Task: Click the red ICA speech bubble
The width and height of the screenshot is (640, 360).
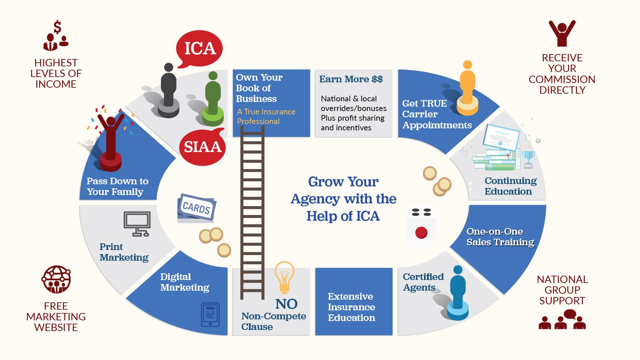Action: click(199, 49)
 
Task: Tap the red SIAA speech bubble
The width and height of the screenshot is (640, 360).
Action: click(202, 147)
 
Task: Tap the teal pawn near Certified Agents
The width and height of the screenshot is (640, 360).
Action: click(458, 293)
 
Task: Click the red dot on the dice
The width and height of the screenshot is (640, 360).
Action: click(421, 232)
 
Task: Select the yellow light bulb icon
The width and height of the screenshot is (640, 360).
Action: click(284, 277)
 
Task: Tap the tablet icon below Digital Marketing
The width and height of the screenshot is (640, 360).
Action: click(210, 314)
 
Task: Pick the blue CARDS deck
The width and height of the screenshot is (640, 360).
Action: click(196, 207)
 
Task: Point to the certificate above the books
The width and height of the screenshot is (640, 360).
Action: click(501, 137)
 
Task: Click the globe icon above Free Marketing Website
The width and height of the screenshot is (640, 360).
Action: click(56, 279)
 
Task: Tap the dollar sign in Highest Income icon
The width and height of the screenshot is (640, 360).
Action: click(57, 27)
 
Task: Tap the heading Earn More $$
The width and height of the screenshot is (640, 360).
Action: click(351, 79)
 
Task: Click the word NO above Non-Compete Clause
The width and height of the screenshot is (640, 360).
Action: click(286, 304)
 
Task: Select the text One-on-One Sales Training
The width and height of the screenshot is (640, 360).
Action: click(500, 237)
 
